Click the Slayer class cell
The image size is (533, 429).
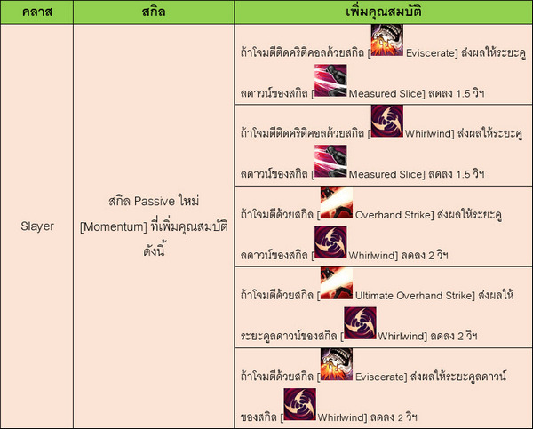pos(37,226)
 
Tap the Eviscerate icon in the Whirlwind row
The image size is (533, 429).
pos(335,365)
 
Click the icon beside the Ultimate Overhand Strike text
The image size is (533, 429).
pos(336,283)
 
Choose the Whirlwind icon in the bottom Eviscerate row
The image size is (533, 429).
pos(299,405)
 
